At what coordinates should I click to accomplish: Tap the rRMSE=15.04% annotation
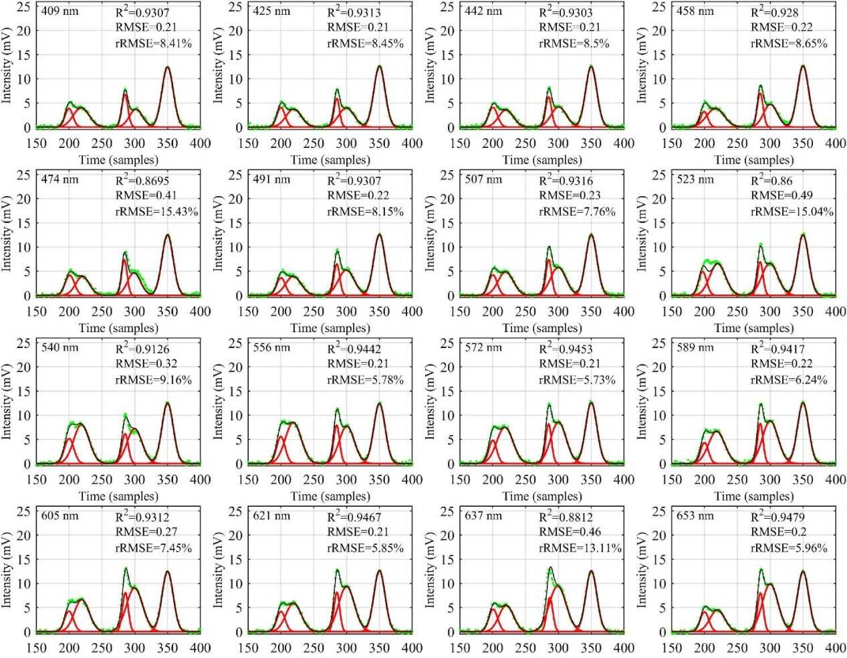792,212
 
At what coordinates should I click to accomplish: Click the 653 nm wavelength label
695,516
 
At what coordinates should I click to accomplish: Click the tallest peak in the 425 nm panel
379,66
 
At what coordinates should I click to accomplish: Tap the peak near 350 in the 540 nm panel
168,403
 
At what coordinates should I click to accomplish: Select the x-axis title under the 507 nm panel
542,328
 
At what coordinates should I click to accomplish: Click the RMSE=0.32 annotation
146,363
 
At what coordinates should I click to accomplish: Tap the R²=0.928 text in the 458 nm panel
774,12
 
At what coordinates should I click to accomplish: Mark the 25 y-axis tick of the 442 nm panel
447,7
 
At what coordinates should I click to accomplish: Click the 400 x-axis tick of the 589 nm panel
836,479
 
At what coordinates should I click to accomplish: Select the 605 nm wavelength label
59,516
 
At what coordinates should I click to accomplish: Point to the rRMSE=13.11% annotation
580,548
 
